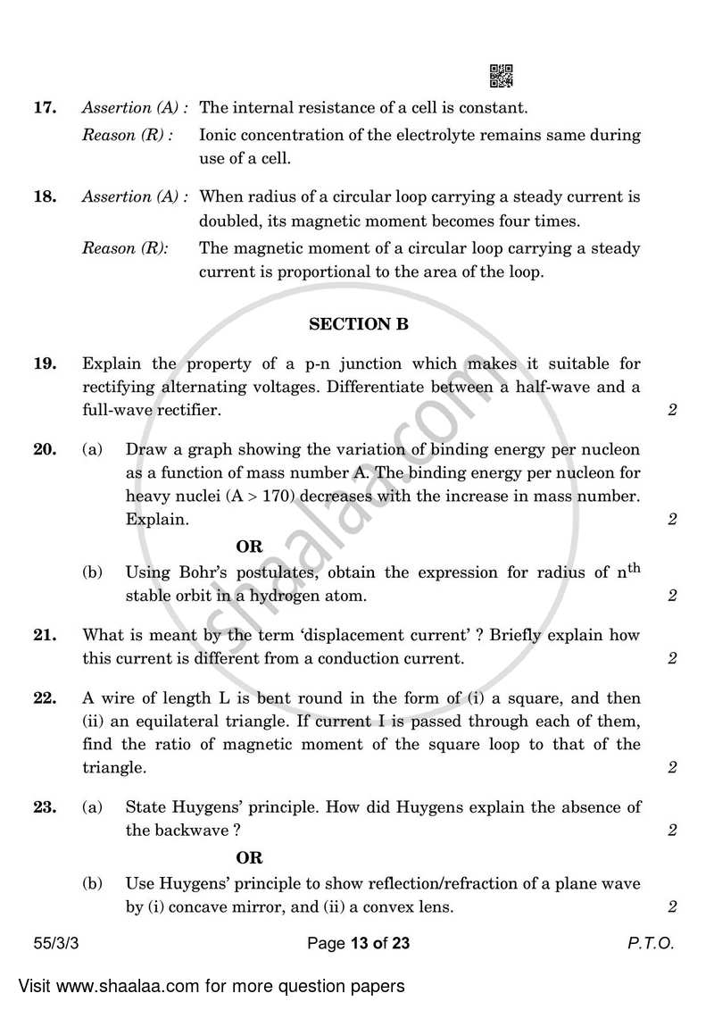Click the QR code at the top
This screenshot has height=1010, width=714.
pos(502,77)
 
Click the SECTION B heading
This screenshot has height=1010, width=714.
pos(358,325)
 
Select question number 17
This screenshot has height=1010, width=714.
pos(45,108)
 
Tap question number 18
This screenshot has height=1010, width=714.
pos(45,196)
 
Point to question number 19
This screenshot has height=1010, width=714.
pos(45,363)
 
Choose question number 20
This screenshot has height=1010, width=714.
pos(45,450)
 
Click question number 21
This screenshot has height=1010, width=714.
pos(45,636)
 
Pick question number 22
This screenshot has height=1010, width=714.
pos(45,697)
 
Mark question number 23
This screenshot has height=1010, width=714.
pos(45,807)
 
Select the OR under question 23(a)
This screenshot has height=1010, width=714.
pos(249,857)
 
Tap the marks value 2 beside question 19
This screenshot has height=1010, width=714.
pos(672,411)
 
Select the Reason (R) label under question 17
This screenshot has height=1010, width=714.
pos(127,135)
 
